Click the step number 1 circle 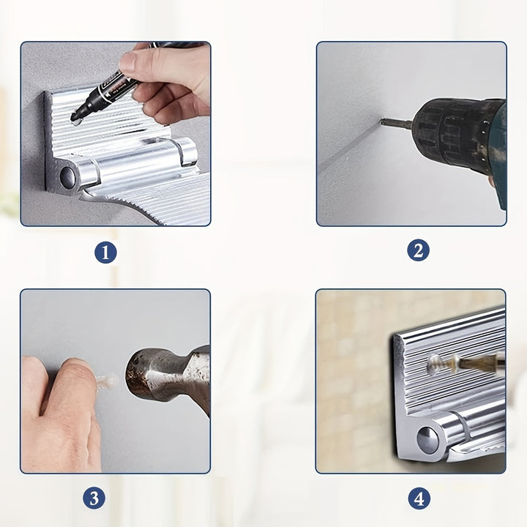(105, 252)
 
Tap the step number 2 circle (418, 250)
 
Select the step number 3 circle (94, 498)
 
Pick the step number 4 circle (419, 498)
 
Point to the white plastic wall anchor (108, 381)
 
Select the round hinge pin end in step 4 (427, 439)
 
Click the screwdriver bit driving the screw (477, 363)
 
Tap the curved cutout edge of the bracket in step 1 (125, 204)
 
